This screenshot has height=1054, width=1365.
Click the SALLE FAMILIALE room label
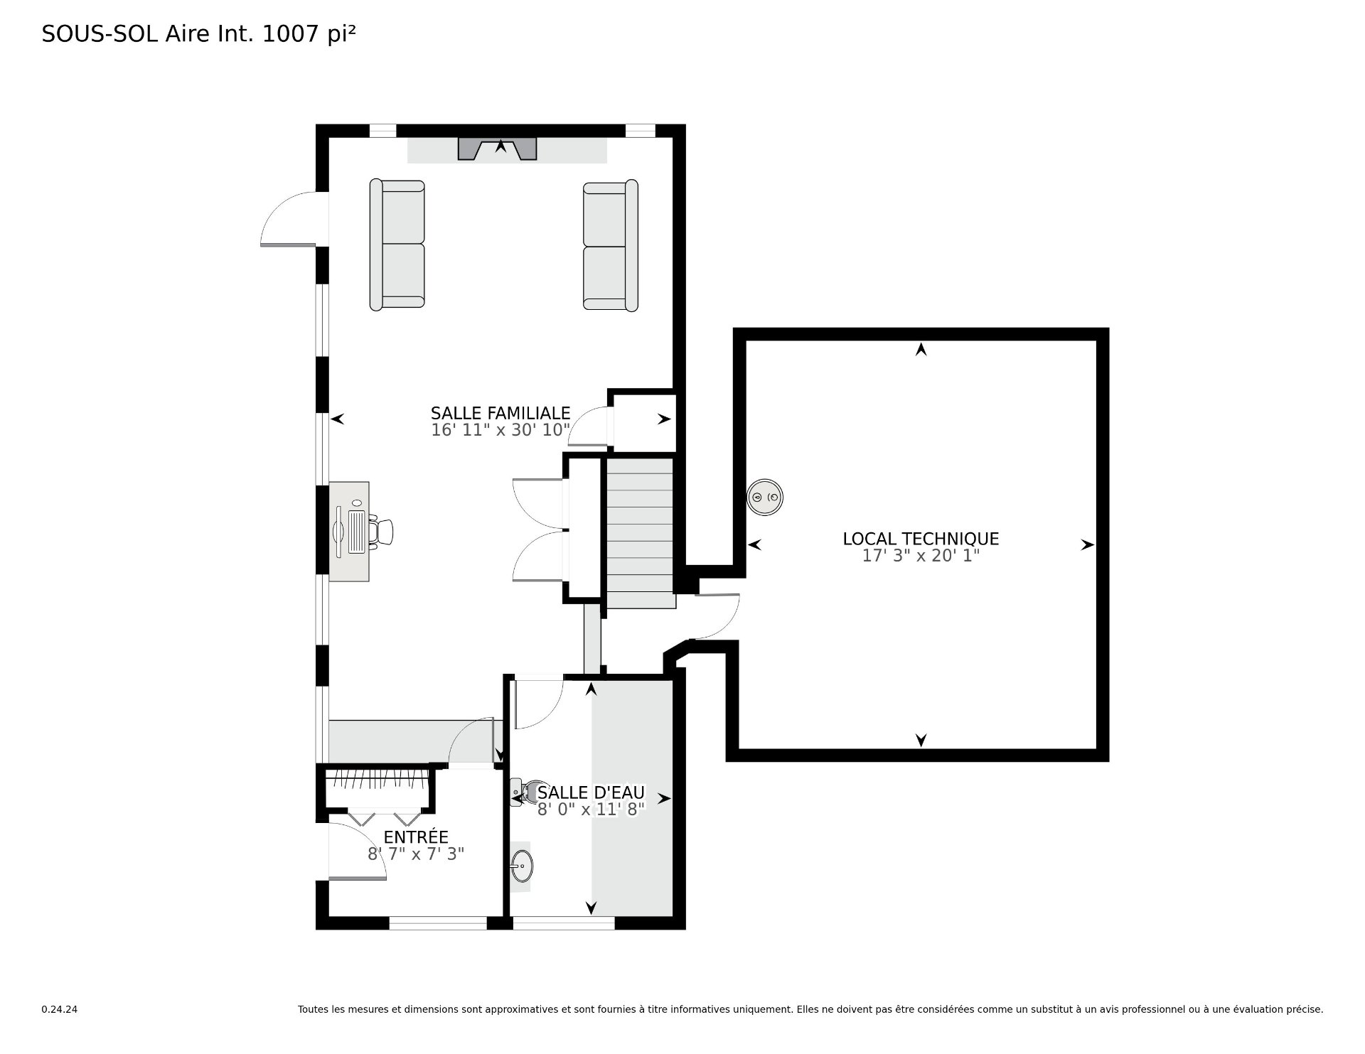click(500, 413)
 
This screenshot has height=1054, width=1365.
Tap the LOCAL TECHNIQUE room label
click(921, 539)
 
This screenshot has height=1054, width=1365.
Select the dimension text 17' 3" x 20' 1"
click(921, 556)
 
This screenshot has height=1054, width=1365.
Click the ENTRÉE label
click(416, 837)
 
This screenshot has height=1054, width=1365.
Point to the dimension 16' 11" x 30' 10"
click(500, 430)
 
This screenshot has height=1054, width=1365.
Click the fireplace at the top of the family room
click(497, 149)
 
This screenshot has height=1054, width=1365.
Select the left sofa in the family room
click(397, 244)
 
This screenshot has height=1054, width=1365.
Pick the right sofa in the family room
click(610, 246)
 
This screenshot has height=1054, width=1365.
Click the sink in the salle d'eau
click(521, 866)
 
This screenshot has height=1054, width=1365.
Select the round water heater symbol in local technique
click(764, 497)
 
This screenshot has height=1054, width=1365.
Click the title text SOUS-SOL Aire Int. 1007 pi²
click(198, 33)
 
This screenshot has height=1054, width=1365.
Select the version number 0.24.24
click(59, 1009)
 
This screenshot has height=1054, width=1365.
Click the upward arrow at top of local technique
click(921, 349)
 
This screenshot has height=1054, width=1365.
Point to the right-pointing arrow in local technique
click(1087, 545)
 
